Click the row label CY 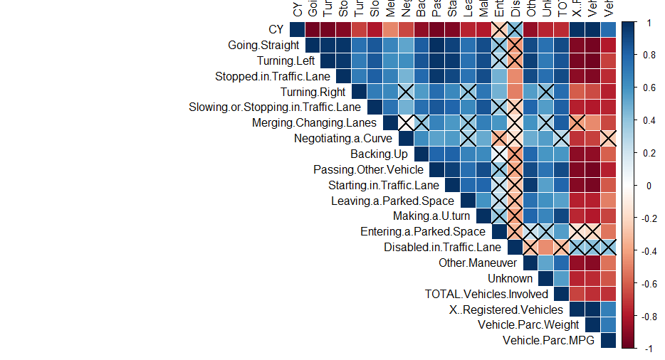[x=276, y=30]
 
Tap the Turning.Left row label [x=286, y=61]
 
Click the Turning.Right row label [x=313, y=92]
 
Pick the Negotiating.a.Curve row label [x=343, y=138]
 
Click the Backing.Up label [x=379, y=154]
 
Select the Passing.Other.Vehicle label [x=368, y=169]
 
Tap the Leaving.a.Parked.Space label [x=392, y=201]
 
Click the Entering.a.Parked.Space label [x=423, y=231]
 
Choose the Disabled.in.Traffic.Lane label [x=442, y=247]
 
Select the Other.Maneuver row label [x=477, y=263]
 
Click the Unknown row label [x=510, y=278]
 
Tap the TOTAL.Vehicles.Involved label [x=486, y=294]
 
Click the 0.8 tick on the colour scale [x=649, y=55]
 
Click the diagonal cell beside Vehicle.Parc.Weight [x=592, y=324]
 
